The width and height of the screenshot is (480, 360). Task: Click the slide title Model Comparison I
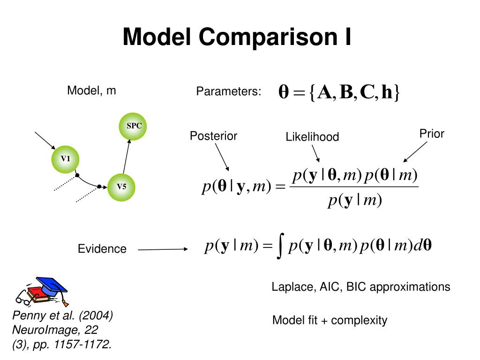237,37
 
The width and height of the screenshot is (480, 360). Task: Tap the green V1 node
65,158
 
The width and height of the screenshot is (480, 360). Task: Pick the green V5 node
121,187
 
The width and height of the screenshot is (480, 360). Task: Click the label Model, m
91,90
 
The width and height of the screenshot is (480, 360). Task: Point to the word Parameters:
229,91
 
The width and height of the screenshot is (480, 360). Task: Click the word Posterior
213,136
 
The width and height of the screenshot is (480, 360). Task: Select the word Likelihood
312,137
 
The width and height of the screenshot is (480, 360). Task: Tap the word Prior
432,134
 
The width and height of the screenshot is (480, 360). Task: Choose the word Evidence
102,249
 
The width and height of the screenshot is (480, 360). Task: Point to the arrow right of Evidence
163,249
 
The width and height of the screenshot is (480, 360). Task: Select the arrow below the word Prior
415,152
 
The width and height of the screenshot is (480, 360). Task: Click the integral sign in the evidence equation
280,247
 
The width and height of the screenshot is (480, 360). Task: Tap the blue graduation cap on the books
51,285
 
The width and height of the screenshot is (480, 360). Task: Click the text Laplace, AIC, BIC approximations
361,287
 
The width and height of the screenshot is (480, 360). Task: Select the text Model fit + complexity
330,321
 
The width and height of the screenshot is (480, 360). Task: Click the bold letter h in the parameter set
387,92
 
